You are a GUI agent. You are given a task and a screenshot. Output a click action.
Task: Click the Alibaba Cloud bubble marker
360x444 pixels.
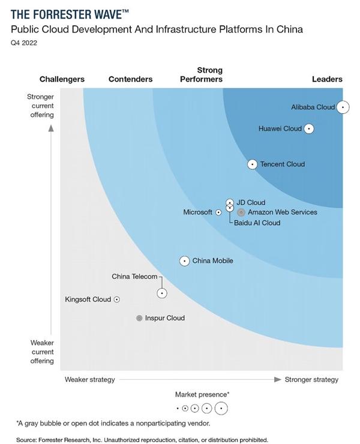click(x=343, y=107)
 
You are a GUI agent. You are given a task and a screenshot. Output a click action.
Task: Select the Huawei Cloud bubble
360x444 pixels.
click(x=309, y=128)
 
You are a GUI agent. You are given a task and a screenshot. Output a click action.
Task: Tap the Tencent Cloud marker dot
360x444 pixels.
click(x=253, y=164)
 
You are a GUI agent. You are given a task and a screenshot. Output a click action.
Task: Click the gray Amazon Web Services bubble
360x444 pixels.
click(x=241, y=212)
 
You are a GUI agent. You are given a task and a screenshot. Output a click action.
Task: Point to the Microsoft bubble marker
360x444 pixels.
click(x=218, y=212)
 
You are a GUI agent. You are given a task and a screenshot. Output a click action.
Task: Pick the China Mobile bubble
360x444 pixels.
click(x=184, y=261)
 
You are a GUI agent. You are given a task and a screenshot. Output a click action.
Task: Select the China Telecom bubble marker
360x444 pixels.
click(x=162, y=293)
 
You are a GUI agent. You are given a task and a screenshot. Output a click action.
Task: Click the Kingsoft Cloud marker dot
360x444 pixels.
click(x=117, y=299)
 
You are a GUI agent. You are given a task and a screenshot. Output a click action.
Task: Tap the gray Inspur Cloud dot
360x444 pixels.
click(x=139, y=318)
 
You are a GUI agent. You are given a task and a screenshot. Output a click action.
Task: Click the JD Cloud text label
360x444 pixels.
click(x=251, y=203)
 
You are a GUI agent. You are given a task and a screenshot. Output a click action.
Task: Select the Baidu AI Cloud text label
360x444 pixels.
click(x=257, y=223)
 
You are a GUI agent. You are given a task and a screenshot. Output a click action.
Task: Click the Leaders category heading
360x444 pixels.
click(x=327, y=79)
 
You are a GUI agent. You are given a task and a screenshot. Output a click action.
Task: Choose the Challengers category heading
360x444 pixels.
click(x=62, y=79)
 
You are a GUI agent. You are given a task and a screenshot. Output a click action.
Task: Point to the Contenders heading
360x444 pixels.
click(x=130, y=79)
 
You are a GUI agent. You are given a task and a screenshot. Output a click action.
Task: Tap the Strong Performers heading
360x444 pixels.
click(x=201, y=75)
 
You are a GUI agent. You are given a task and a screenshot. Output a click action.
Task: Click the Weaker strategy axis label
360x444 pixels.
click(x=89, y=379)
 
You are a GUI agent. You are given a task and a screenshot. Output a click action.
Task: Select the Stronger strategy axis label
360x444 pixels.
click(x=311, y=379)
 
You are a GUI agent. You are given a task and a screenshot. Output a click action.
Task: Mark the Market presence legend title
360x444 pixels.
click(x=202, y=394)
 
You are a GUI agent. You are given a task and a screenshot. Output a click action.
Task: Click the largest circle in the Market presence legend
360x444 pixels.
click(x=221, y=409)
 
